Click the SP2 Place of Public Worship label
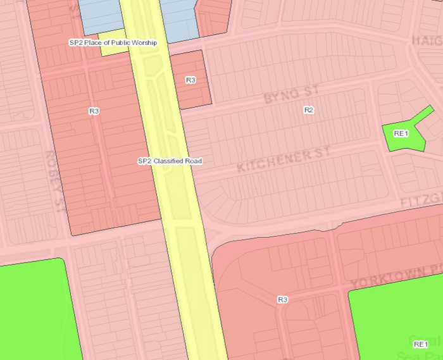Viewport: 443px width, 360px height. [113, 42]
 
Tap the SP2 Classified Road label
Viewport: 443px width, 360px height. [170, 161]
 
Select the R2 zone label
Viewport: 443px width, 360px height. [309, 110]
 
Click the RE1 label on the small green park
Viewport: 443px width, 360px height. [401, 133]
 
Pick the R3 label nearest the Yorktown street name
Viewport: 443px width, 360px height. [283, 299]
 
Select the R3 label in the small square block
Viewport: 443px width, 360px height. [190, 80]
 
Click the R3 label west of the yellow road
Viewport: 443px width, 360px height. [94, 111]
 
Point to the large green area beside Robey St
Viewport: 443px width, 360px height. [32, 310]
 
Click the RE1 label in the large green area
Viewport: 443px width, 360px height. [420, 344]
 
